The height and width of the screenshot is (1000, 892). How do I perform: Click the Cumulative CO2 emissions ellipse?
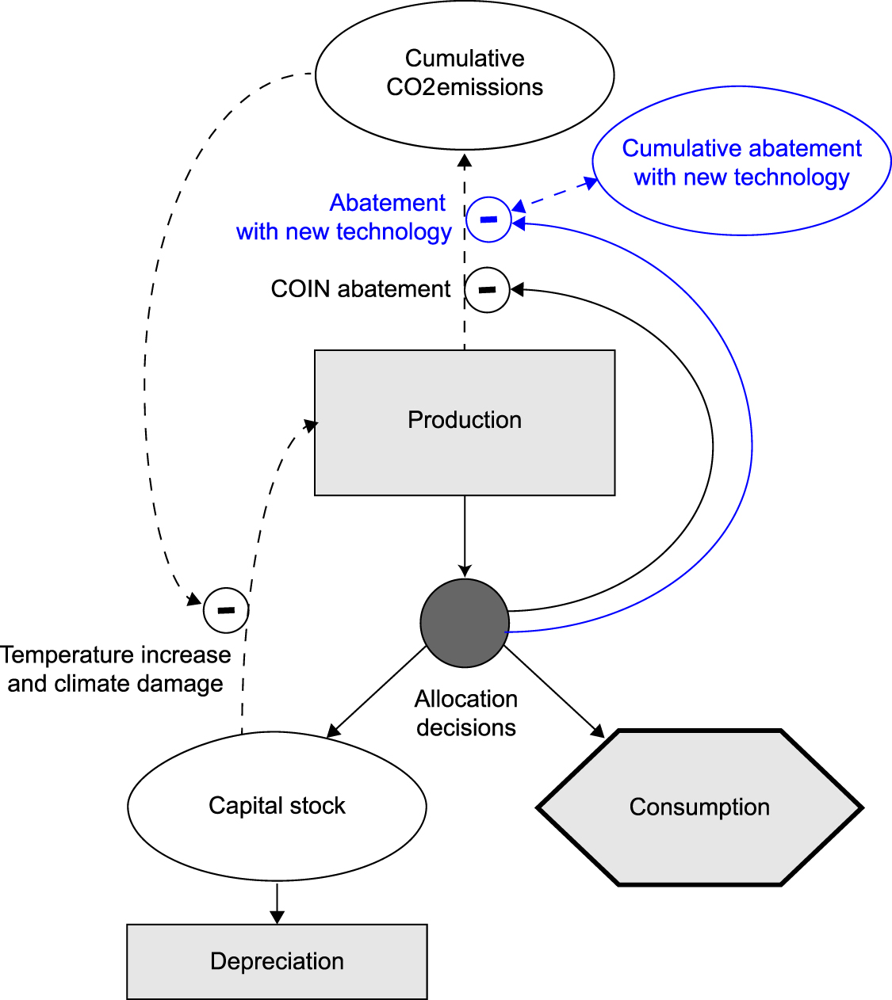tap(465, 74)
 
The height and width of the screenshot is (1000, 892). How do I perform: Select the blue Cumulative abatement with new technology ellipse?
tap(741, 162)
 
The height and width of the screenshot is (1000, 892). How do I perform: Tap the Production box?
tap(465, 422)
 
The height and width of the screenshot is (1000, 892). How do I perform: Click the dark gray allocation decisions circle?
tap(465, 623)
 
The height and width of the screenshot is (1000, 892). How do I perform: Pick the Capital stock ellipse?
tap(277, 806)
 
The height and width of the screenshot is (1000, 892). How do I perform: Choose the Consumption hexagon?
tap(699, 807)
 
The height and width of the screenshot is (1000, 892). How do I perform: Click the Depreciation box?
tap(277, 961)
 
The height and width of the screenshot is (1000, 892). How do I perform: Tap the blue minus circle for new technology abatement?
tap(488, 219)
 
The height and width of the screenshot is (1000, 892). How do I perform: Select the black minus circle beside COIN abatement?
tap(487, 290)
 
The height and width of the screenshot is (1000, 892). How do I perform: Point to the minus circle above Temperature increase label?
tap(226, 610)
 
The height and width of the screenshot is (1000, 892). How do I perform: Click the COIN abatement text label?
tap(361, 289)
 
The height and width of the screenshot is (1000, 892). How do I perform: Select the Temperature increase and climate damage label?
tap(116, 670)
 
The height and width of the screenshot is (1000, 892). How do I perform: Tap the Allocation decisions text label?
tap(466, 713)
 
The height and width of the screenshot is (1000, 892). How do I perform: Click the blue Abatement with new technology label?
tap(344, 217)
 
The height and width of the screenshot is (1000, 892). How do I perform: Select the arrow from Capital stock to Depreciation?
tap(277, 903)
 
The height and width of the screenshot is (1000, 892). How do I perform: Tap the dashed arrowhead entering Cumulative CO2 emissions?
tap(465, 159)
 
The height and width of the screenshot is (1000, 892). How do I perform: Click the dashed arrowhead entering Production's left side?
tap(309, 426)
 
